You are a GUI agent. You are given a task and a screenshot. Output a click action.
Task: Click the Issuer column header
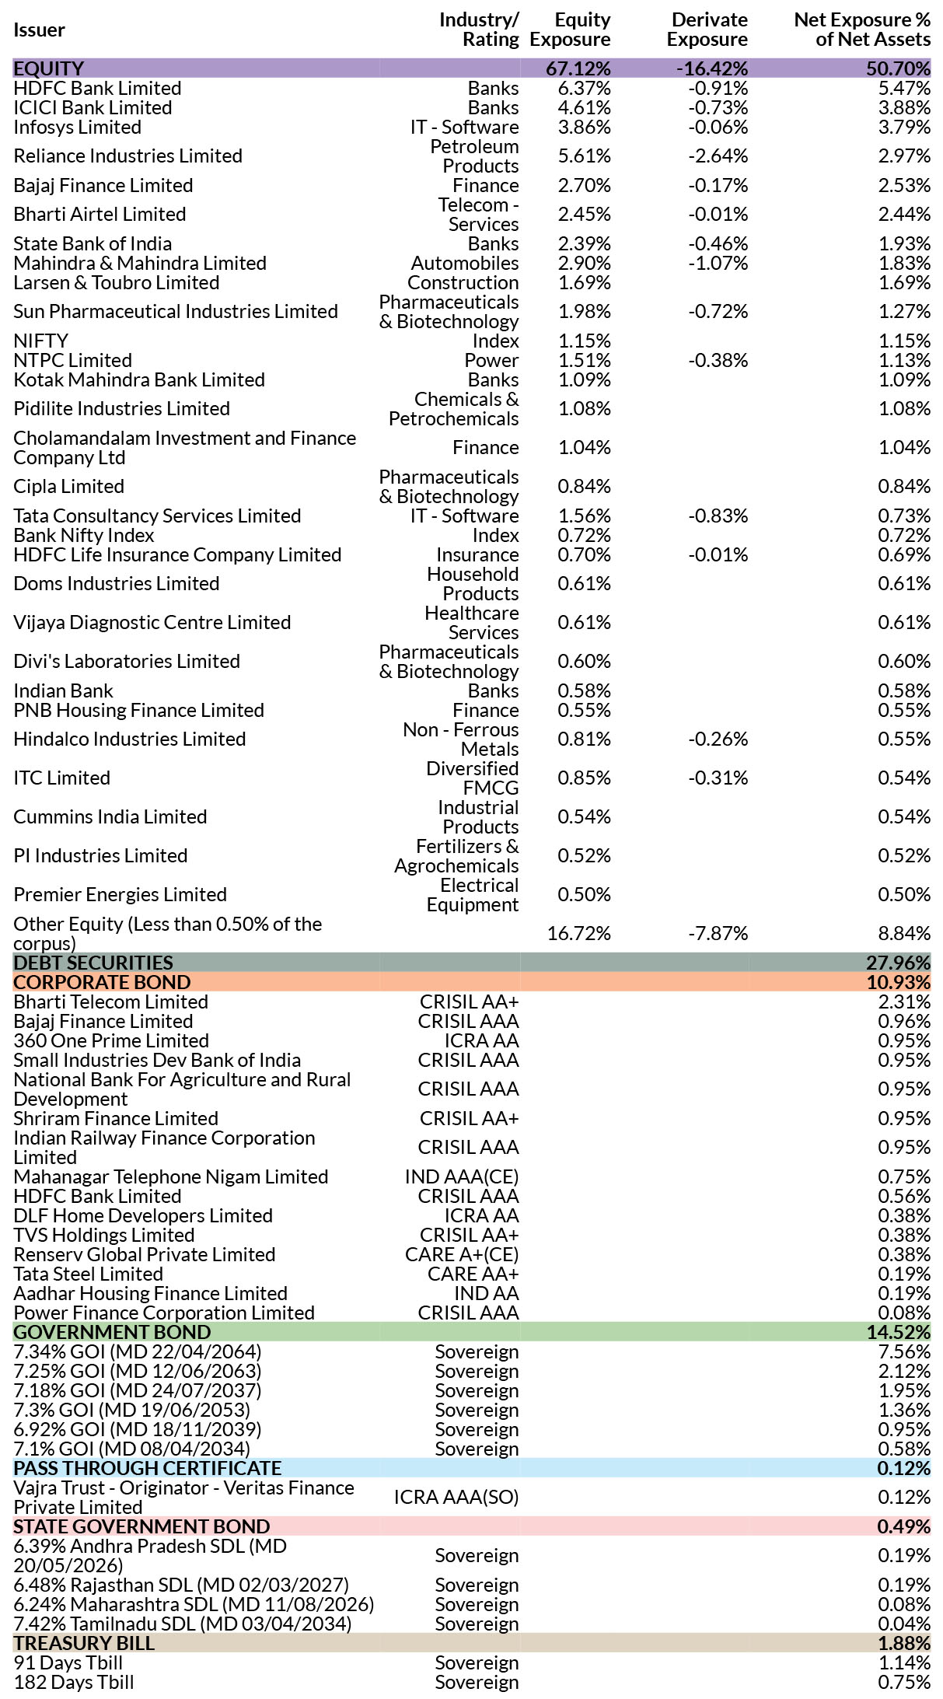[x=39, y=30]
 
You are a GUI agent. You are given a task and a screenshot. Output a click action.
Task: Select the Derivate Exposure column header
[x=707, y=30]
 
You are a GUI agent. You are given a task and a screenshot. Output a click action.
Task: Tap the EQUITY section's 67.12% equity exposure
[x=578, y=68]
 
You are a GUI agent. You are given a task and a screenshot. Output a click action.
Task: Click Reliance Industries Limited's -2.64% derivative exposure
[x=718, y=156]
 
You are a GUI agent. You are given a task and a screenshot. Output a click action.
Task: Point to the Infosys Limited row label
[x=77, y=128]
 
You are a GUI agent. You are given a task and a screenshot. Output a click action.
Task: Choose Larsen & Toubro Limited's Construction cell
[x=463, y=283]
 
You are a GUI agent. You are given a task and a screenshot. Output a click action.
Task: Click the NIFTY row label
[x=40, y=341]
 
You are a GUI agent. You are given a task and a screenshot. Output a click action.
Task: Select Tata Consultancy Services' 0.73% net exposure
[x=904, y=516]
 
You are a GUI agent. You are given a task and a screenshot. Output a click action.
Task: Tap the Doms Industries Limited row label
[x=117, y=584]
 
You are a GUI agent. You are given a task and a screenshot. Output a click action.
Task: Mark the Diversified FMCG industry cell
[x=473, y=778]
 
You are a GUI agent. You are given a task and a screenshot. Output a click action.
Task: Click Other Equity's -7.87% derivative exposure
[x=718, y=934]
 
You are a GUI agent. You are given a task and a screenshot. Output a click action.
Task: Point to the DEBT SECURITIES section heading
[x=93, y=963]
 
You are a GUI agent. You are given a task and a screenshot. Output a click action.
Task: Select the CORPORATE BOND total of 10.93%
[x=899, y=982]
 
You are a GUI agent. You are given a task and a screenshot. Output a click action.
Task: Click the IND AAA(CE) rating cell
[x=462, y=1177]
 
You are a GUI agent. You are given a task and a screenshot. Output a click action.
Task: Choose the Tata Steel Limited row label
[x=89, y=1274]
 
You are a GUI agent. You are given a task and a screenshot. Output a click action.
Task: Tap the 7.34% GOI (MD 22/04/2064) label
[x=138, y=1352]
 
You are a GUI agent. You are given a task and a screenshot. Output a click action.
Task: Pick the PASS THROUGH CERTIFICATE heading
[x=148, y=1468]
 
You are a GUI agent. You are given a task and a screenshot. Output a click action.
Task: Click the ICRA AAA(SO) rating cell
[x=456, y=1498]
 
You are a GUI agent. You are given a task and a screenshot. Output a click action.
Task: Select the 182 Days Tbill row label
[x=74, y=1683]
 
